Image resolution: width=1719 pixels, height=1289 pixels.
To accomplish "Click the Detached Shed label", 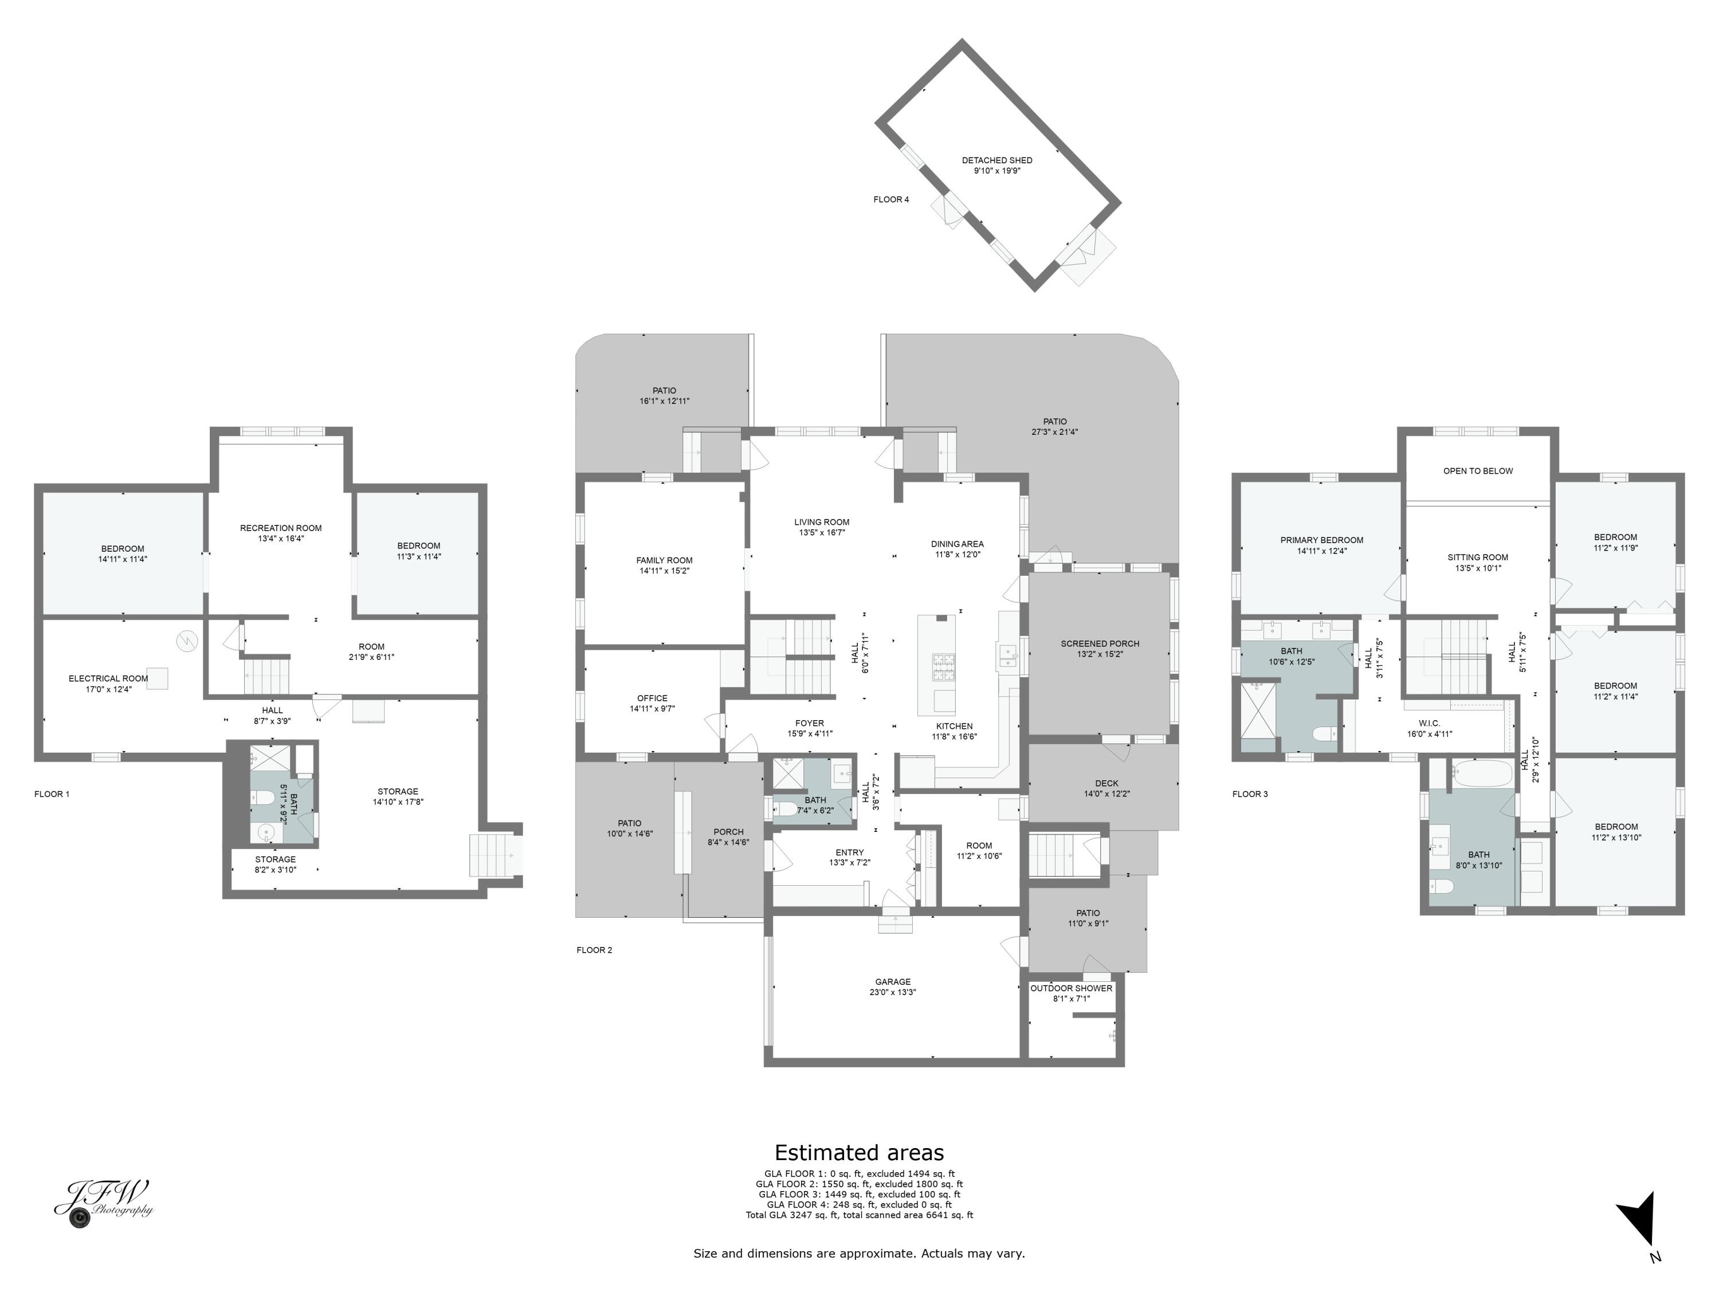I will pos(996,160).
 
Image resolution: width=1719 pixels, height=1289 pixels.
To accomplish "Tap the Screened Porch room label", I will pos(1100,643).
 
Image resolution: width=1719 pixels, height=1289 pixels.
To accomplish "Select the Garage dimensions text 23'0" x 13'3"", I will pos(892,992).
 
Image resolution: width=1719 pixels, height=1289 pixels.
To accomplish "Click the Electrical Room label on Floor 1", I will pos(108,678).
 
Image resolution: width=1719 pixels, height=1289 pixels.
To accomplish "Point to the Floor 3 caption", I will pos(1250,794).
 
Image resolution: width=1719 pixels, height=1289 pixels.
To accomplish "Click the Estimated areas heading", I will pos(859,1152).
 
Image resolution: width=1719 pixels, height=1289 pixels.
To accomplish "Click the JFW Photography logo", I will pos(103,1202).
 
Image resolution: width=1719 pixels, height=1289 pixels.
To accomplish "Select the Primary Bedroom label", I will pos(1321,540).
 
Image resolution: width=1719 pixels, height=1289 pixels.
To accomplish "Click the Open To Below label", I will pos(1477,471).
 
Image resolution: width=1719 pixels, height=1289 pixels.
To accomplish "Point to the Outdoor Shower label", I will pos(1071,988).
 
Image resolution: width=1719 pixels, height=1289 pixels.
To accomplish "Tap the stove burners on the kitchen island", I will pos(943,662).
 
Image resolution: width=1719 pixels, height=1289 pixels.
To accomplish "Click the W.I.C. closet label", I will pos(1428,724).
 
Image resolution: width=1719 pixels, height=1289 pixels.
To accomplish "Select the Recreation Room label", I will pos(281,528).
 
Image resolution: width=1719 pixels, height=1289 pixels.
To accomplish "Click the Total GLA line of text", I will pos(859,1215).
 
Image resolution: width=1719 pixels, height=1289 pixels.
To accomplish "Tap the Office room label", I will pos(652,698).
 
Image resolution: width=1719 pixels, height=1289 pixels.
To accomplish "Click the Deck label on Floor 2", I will pos(1106,783).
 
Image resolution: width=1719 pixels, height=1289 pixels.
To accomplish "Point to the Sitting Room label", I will pos(1477,557).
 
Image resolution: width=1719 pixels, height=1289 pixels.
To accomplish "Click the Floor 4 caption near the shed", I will pos(890,200).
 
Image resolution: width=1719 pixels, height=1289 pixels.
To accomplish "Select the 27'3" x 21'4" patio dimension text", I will pos(1054,432).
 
